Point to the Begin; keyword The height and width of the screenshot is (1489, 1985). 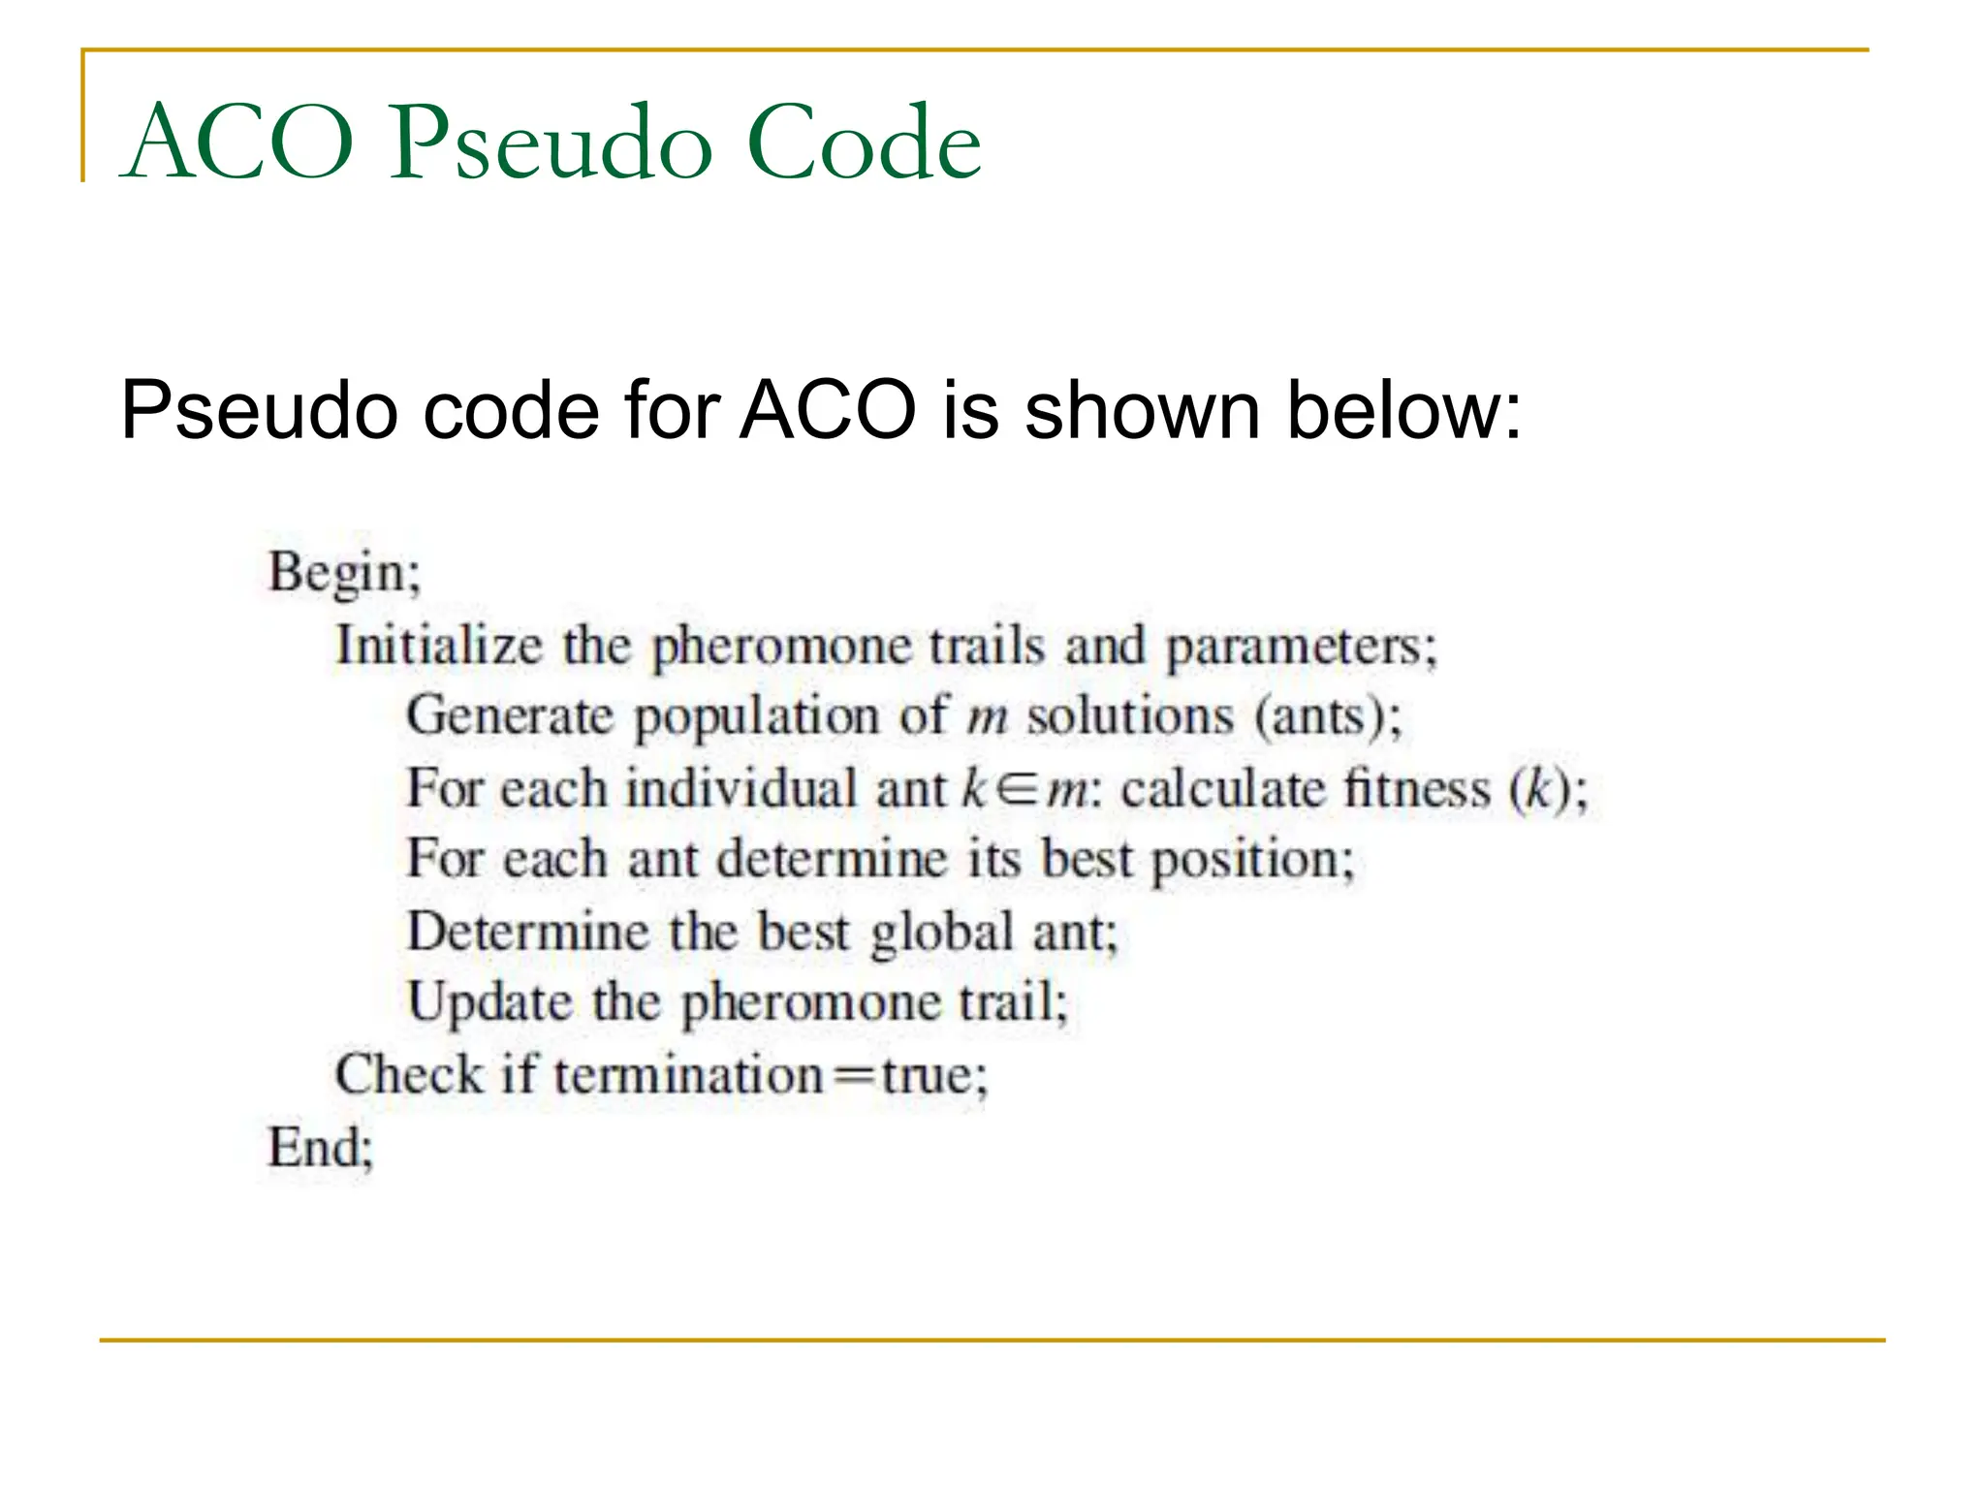(x=344, y=572)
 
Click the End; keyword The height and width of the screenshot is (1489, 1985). (x=320, y=1148)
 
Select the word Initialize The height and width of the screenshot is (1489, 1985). (x=438, y=646)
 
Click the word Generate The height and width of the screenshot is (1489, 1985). (x=510, y=717)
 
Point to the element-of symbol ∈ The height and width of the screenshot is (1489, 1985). (x=1018, y=789)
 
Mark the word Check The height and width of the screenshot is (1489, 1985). (x=409, y=1075)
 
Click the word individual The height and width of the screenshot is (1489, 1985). (x=741, y=788)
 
